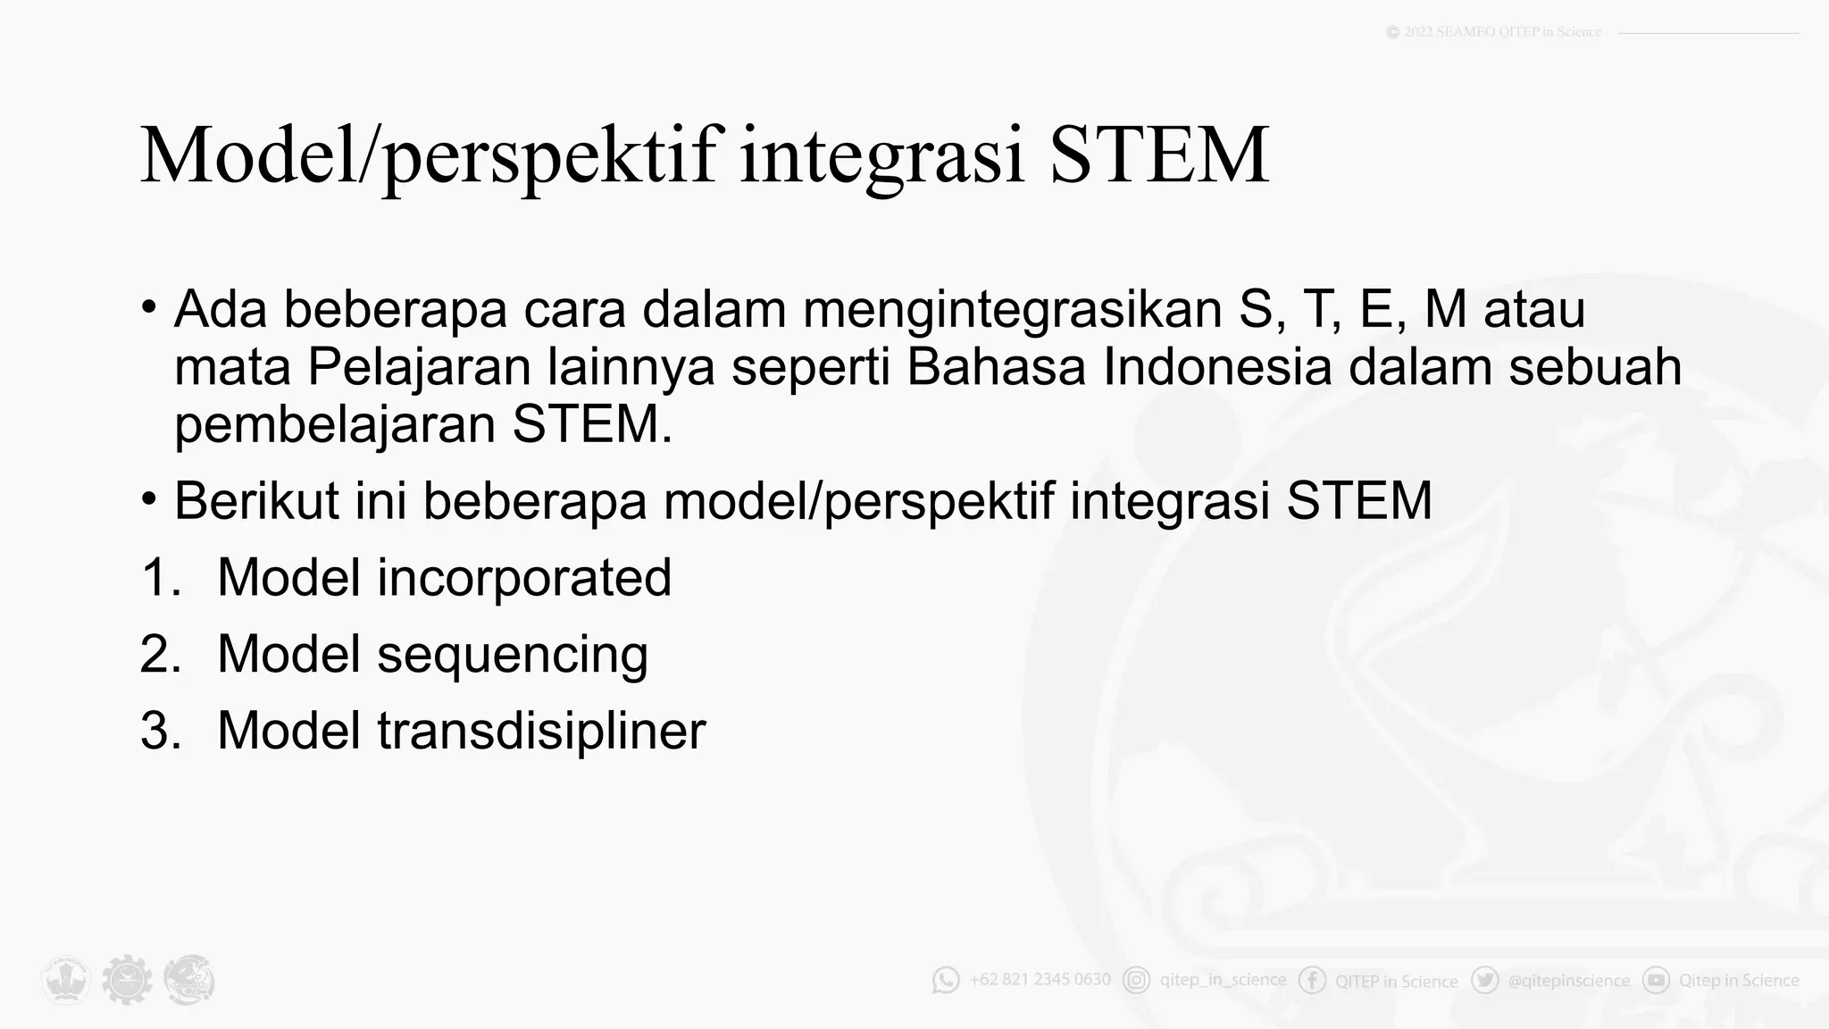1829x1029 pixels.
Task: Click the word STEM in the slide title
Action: coord(1158,156)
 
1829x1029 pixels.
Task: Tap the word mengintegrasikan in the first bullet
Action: coord(1012,309)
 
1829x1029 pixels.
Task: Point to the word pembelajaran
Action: coord(335,425)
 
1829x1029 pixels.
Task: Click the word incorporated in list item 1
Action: coord(523,578)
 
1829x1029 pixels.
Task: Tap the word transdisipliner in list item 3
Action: coord(541,731)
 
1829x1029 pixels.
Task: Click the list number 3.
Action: coord(160,731)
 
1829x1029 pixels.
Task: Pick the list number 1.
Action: coord(160,578)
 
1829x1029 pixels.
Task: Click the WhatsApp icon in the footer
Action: coord(945,980)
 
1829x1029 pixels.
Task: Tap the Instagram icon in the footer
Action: coord(1136,980)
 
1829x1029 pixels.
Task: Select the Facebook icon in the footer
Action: coord(1312,980)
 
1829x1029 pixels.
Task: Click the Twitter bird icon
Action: coord(1484,980)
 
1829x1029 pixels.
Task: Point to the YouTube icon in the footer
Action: coord(1656,980)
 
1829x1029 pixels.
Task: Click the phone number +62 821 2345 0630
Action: coord(1040,980)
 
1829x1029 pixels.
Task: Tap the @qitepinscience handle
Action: coord(1568,981)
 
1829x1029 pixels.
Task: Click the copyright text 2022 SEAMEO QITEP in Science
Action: coord(1501,32)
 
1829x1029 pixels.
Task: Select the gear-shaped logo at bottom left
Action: coord(127,980)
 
